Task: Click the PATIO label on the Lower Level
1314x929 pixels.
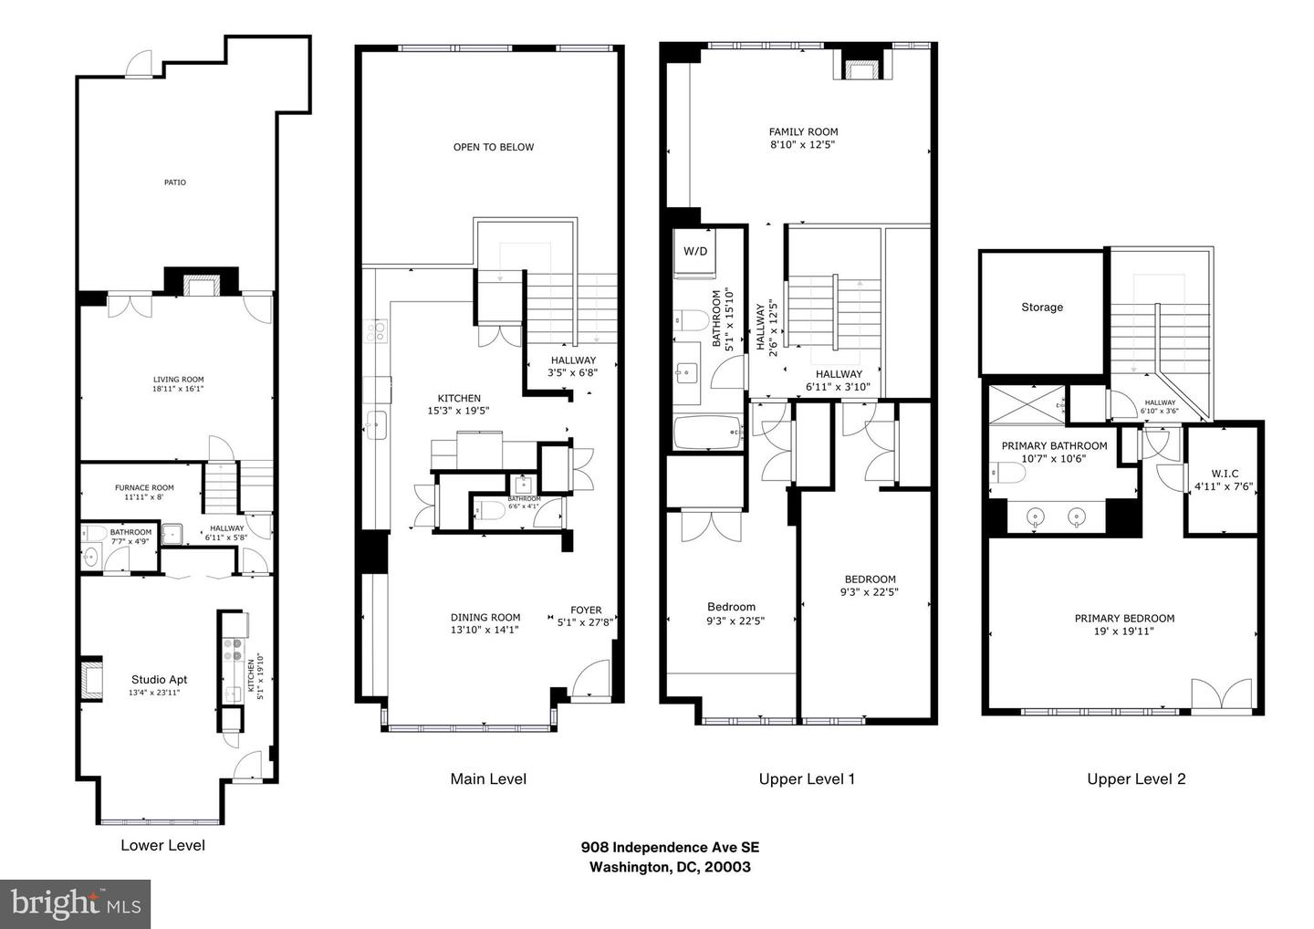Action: tap(175, 183)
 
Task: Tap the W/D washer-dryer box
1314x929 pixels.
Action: tap(695, 251)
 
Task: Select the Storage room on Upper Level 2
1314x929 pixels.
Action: tap(1042, 308)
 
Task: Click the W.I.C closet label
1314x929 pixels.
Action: tap(1224, 474)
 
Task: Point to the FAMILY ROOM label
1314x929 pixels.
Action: tap(803, 131)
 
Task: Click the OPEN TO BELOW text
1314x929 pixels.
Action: tap(494, 147)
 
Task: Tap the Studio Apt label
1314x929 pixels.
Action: tap(160, 679)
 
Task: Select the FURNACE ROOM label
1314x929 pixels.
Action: tap(144, 487)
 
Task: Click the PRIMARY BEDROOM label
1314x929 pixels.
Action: tap(1124, 618)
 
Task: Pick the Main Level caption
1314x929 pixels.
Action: tap(488, 778)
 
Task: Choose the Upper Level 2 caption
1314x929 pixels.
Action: tap(1136, 778)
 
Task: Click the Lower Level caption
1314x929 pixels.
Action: tap(162, 845)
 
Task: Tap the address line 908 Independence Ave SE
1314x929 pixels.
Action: tap(670, 847)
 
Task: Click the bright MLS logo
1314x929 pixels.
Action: tap(75, 903)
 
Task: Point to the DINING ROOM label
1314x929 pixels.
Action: tap(485, 617)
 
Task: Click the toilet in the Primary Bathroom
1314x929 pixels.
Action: tap(1003, 473)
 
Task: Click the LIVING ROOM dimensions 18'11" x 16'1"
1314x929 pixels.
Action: tap(178, 389)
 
